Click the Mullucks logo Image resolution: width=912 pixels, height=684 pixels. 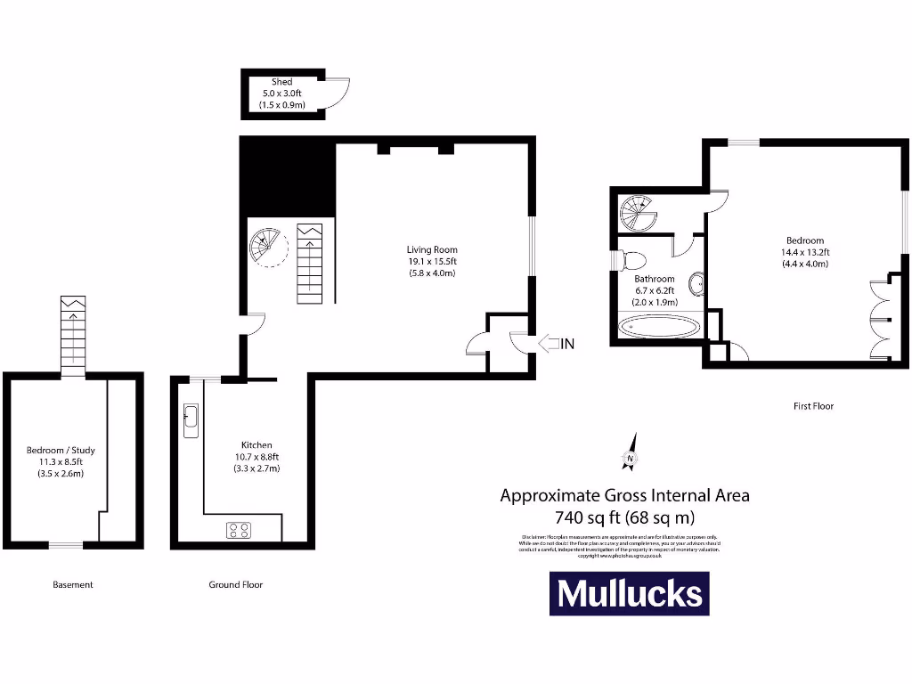pyautogui.click(x=629, y=593)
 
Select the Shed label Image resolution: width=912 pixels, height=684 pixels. pyautogui.click(x=281, y=82)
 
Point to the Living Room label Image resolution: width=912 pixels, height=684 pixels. pyautogui.click(x=431, y=250)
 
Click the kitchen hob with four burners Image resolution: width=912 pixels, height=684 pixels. pyautogui.click(x=239, y=531)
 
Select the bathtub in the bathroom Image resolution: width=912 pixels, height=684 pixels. pyautogui.click(x=661, y=328)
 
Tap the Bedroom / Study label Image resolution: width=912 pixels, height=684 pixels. pyautogui.click(x=61, y=451)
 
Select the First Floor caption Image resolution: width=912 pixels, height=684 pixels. pyautogui.click(x=813, y=406)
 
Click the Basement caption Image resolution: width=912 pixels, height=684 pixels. pyautogui.click(x=73, y=585)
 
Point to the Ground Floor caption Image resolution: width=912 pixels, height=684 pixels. pyautogui.click(x=236, y=585)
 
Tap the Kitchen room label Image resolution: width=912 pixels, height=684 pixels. pyautogui.click(x=256, y=445)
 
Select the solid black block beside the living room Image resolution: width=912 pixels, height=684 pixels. pyautogui.click(x=288, y=178)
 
